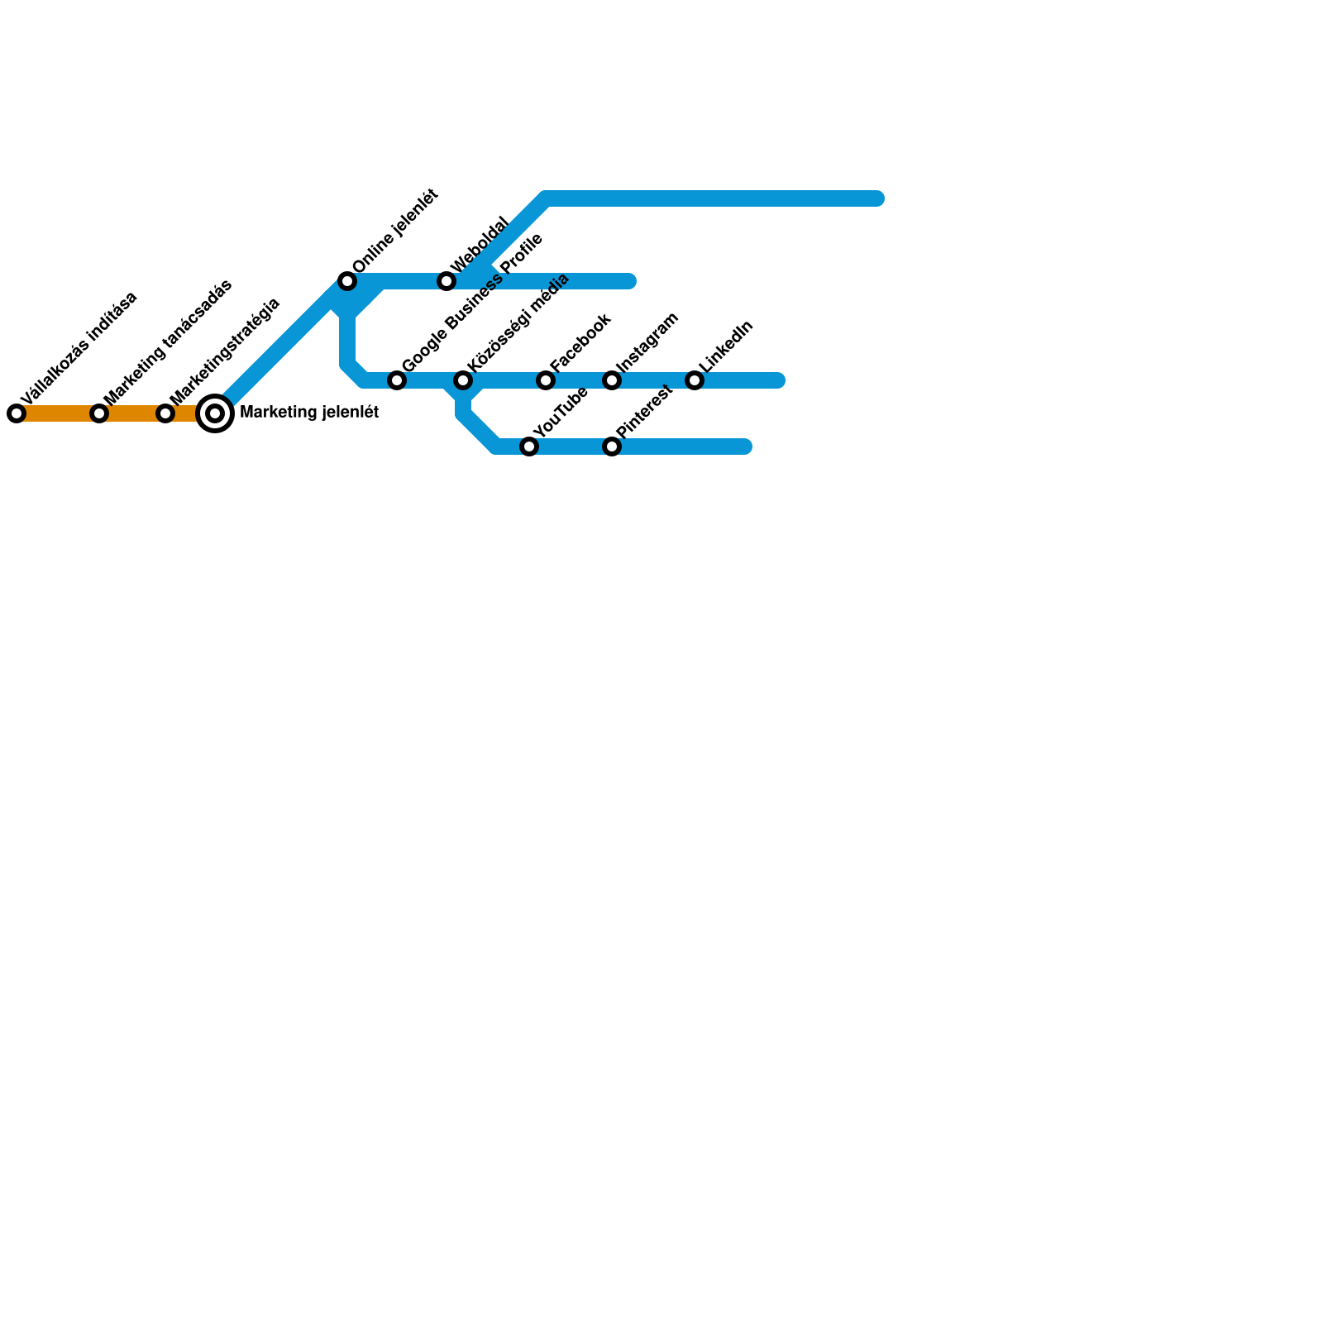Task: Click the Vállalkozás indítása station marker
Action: tap(17, 413)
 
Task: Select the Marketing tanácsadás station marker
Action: tap(99, 413)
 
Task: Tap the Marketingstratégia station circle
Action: tap(165, 413)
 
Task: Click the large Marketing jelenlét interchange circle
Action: tap(215, 413)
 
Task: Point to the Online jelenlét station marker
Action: tap(347, 281)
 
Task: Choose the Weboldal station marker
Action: tap(447, 281)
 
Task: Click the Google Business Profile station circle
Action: tap(397, 380)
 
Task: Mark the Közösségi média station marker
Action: tap(463, 380)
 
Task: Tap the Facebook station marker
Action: tap(546, 380)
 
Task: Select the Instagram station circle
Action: tap(612, 380)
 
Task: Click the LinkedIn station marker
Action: tap(695, 380)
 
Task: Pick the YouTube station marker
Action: tap(529, 447)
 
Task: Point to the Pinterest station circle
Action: tap(612, 447)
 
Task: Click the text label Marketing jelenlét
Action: tap(308, 412)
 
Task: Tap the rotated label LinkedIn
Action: tap(726, 347)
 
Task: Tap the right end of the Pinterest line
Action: tap(745, 447)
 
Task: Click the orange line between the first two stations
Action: tap(58, 413)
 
